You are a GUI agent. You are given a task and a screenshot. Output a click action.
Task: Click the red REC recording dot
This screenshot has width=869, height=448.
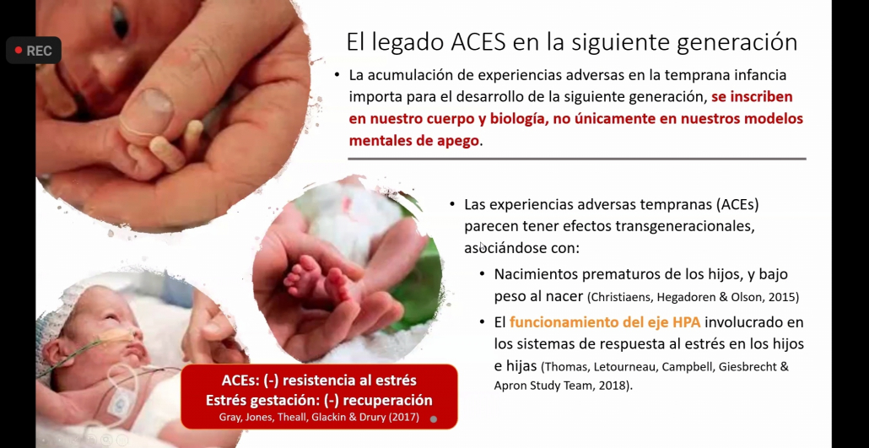coord(19,51)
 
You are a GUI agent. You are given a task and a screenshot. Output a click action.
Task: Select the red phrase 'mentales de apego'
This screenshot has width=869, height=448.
coord(414,141)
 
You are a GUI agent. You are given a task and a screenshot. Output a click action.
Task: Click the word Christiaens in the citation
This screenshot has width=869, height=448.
coord(622,297)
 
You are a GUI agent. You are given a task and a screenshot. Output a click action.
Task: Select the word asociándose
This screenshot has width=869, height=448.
coord(498,248)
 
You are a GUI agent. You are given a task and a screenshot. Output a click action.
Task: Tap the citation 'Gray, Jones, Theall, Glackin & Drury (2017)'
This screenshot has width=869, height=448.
coord(319,417)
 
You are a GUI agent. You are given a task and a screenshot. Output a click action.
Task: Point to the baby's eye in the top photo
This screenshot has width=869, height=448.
coord(121,22)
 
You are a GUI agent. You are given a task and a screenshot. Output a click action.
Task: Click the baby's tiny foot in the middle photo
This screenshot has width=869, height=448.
coord(314,278)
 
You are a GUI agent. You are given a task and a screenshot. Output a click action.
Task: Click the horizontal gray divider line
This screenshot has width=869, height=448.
coord(577,159)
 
